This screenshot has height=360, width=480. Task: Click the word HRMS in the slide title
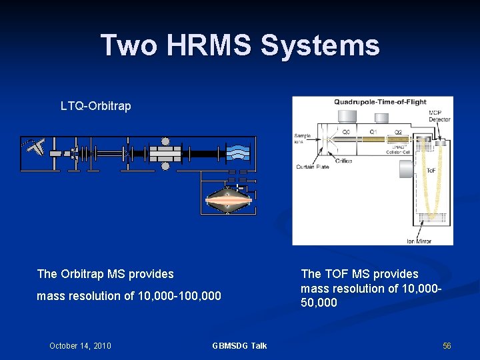(208, 45)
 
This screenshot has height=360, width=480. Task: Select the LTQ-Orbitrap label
(95, 106)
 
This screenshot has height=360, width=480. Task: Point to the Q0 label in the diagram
(346, 132)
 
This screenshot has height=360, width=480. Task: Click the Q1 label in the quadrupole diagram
(373, 132)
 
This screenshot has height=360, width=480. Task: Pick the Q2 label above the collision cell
(398, 132)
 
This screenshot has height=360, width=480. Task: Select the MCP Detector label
(439, 116)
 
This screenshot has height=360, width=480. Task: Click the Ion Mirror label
(419, 241)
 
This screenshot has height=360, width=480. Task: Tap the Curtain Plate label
(312, 167)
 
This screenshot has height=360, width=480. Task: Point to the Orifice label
(344, 160)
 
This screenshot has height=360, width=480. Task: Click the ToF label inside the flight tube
(431, 171)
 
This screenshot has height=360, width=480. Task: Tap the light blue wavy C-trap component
(237, 153)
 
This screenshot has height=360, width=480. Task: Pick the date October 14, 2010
(80, 345)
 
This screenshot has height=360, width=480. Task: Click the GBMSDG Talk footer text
(239, 345)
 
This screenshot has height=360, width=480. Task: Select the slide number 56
(447, 345)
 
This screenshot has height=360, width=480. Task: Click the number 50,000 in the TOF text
(319, 303)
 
